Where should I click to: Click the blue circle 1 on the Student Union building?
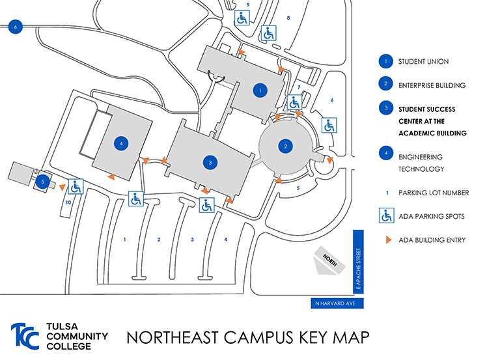tap(260, 90)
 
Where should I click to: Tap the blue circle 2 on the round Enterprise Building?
tap(285, 146)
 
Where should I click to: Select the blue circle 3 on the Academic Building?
tap(210, 161)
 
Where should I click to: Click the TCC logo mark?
tap(25, 337)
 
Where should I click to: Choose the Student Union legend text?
tap(423, 62)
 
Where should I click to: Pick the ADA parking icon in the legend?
tap(386, 216)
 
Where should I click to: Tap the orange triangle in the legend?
tap(387, 240)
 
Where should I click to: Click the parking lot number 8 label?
tap(288, 18)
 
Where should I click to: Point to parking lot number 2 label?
tap(158, 240)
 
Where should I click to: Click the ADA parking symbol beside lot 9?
tap(242, 18)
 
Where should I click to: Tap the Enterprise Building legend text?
tap(432, 85)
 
